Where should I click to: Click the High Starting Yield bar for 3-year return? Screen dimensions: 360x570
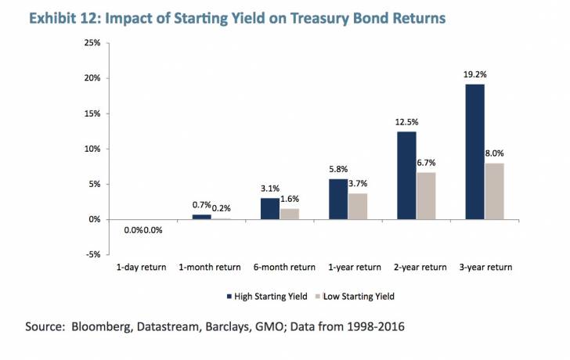coord(474,152)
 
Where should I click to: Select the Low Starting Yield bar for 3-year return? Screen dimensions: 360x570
coord(494,191)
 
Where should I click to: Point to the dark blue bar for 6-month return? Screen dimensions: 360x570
coord(270,209)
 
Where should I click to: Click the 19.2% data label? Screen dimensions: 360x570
coord(474,76)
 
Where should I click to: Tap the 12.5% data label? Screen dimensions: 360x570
coord(406,123)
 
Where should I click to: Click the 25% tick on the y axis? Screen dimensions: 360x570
coord(91,42)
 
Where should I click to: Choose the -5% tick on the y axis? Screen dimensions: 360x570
coord(91,254)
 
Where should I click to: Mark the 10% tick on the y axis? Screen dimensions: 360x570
coord(91,149)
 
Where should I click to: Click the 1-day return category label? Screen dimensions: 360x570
coord(142,268)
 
